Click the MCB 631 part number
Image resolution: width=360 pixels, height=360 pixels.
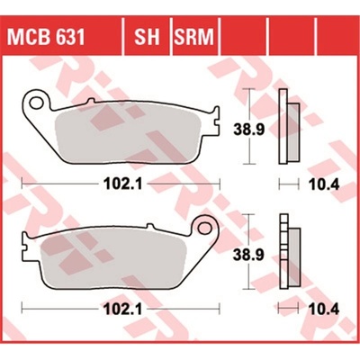pyautogui.click(x=46, y=37)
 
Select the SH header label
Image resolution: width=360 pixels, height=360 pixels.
pyautogui.click(x=147, y=37)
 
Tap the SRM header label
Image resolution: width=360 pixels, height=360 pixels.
pyautogui.click(x=194, y=37)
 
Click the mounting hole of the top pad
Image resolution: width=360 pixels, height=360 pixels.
pyautogui.click(x=36, y=103)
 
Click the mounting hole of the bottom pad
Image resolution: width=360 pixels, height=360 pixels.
pyautogui.click(x=204, y=228)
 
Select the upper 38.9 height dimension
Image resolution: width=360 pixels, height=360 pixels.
pyautogui.click(x=249, y=130)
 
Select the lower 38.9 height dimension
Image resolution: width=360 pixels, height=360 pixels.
pyautogui.click(x=249, y=255)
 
